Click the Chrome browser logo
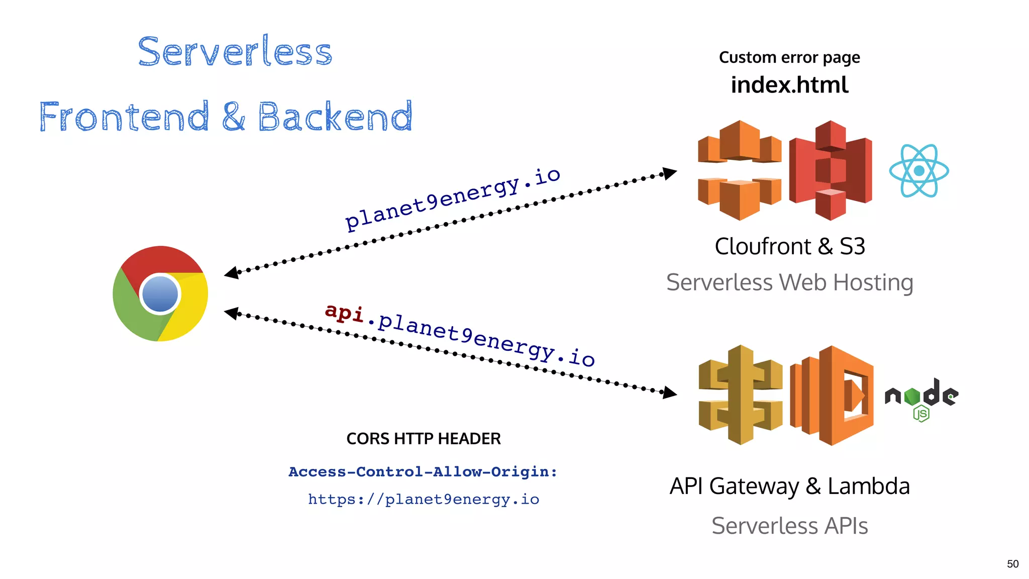point(160,294)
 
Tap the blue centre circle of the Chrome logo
point(160,294)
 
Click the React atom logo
point(919,171)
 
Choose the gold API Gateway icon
point(740,395)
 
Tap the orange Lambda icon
point(832,396)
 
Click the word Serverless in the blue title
point(235,51)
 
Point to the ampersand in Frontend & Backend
point(233,117)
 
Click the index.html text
point(789,85)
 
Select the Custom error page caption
point(789,58)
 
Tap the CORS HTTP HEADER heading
point(424,439)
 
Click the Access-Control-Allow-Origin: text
point(423,472)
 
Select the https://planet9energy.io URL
point(424,499)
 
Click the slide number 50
point(1012,564)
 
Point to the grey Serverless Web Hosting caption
point(789,282)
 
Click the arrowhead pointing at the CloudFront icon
point(670,173)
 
